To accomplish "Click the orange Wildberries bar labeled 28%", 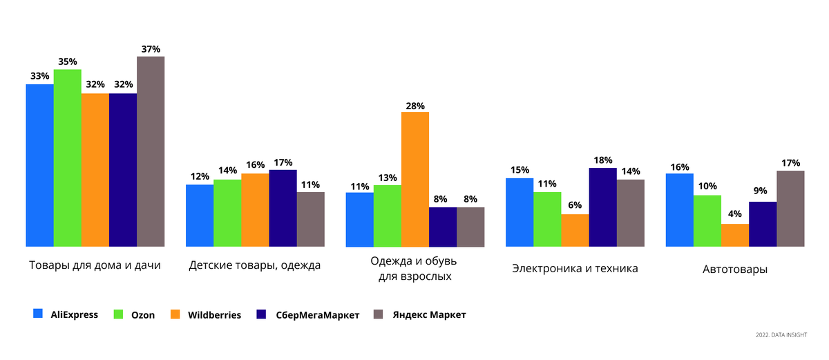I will (x=415, y=179).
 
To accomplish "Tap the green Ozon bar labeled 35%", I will (x=67, y=158).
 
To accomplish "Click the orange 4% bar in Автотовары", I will (x=734, y=235).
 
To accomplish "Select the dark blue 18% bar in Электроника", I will (x=602, y=207).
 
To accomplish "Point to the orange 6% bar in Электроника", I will (x=575, y=230).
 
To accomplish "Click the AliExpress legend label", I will (x=74, y=314).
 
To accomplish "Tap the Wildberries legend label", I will (x=214, y=315).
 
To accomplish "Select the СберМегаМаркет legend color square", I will (x=260, y=314).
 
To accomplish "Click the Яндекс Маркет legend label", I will (x=429, y=315).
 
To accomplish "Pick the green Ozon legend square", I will (x=118, y=314).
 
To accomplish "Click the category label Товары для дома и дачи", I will (x=95, y=265).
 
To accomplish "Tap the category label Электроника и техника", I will (x=575, y=268).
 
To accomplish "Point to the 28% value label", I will (x=415, y=105).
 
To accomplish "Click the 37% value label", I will (x=151, y=49).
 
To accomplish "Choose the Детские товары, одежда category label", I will (x=254, y=265).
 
